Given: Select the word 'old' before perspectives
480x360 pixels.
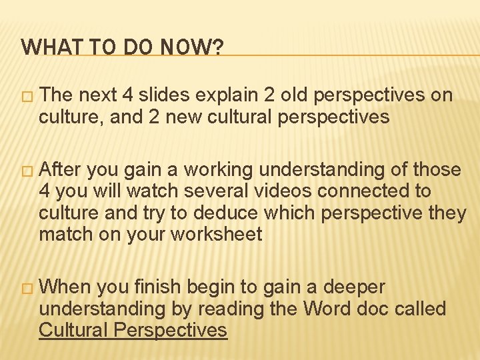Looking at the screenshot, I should (293, 95).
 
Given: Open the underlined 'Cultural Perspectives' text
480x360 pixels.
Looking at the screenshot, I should (133, 330).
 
